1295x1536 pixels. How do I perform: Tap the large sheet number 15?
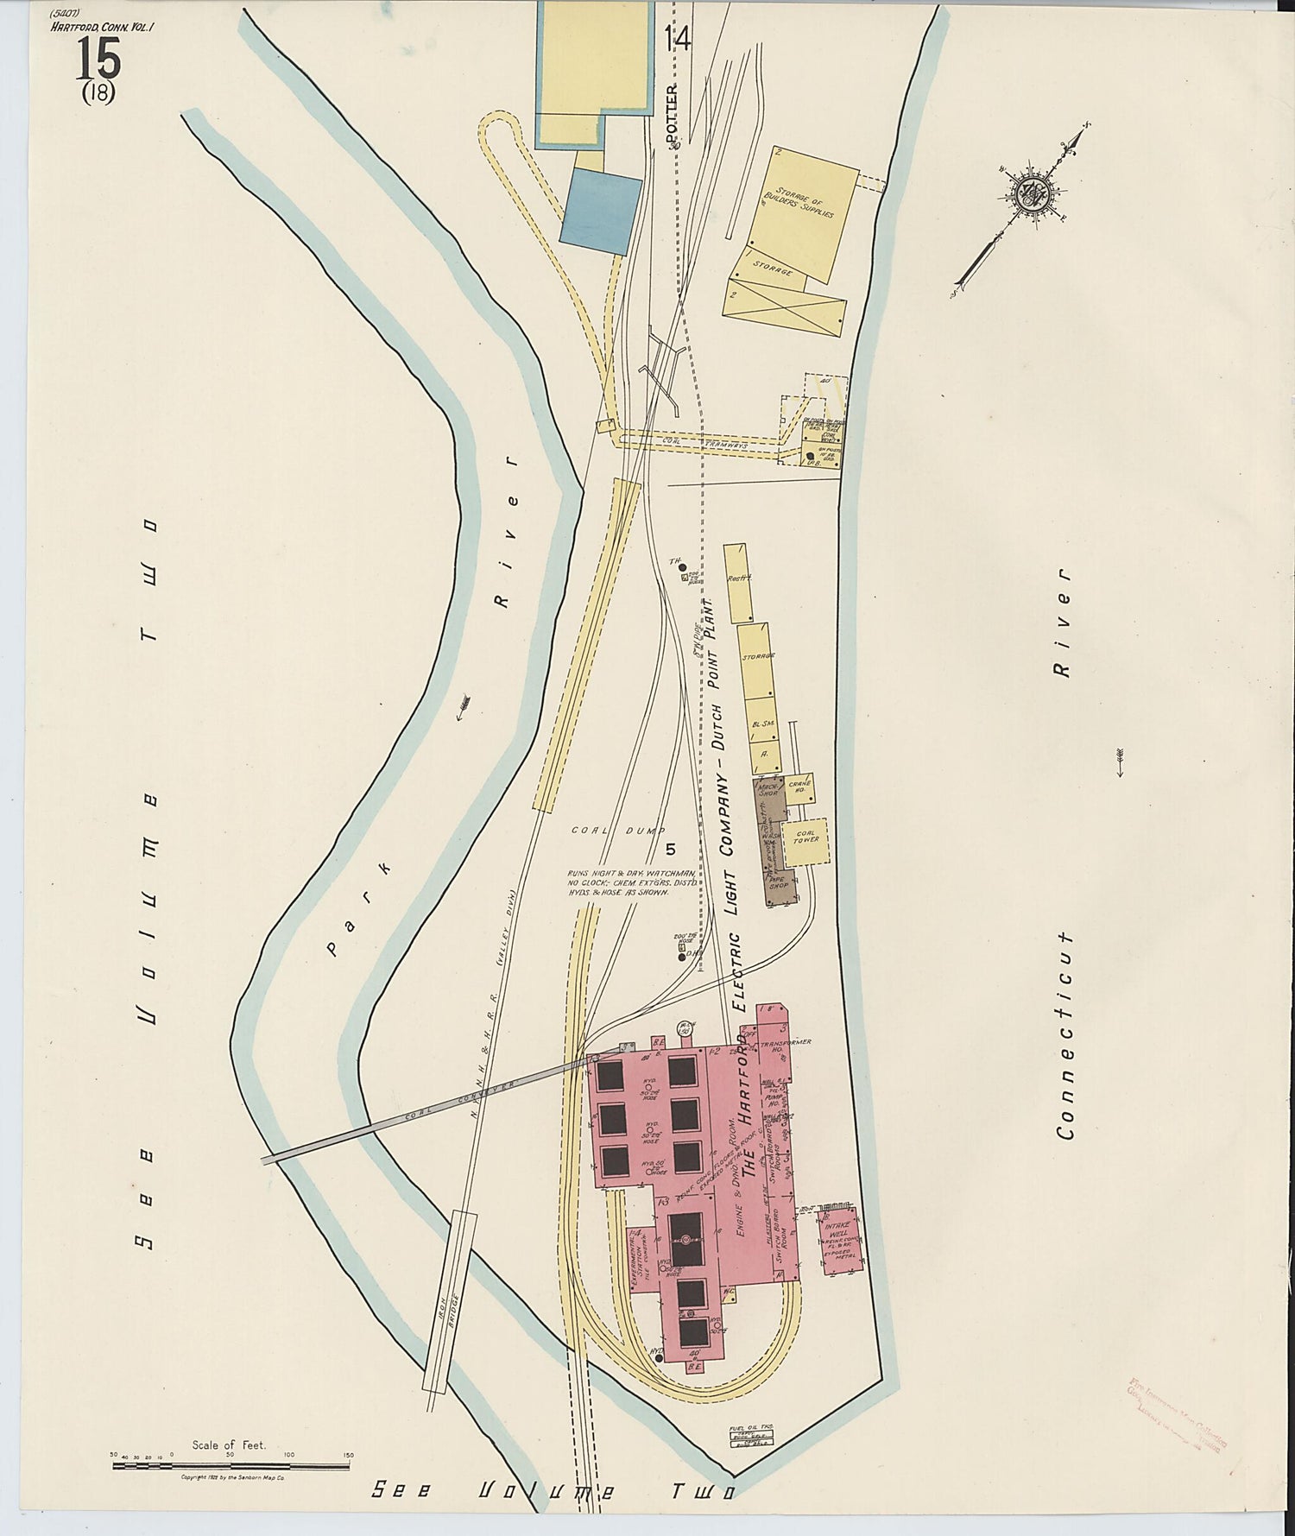pyautogui.click(x=98, y=60)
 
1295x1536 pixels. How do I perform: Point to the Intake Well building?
pyautogui.click(x=837, y=1240)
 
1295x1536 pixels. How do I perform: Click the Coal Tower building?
pyautogui.click(x=806, y=843)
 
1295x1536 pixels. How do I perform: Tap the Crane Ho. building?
pyautogui.click(x=799, y=787)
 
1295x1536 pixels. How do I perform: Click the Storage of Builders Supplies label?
pyautogui.click(x=799, y=205)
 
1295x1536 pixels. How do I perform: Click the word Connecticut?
pyautogui.click(x=1066, y=1035)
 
